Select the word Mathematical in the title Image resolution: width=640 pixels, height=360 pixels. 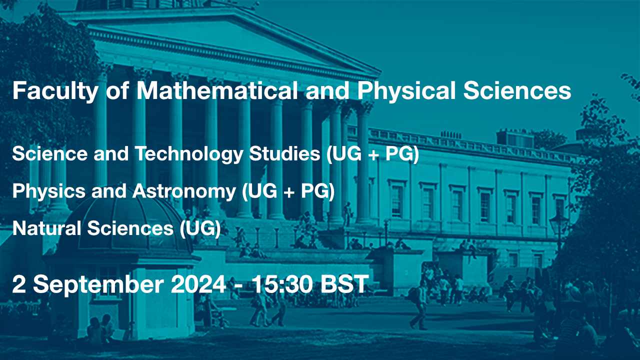(217, 90)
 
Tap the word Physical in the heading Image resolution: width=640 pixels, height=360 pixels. (406, 91)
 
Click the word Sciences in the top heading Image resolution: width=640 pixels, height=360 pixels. (517, 90)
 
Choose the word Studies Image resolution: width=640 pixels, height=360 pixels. (284, 153)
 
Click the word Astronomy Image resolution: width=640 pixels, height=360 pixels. (184, 191)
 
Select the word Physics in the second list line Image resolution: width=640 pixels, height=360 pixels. (49, 191)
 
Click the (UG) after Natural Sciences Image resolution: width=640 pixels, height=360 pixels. (200, 229)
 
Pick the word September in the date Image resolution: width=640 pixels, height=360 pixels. (98, 285)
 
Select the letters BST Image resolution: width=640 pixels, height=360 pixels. (345, 284)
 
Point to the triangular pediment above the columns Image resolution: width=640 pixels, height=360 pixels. (220, 43)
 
